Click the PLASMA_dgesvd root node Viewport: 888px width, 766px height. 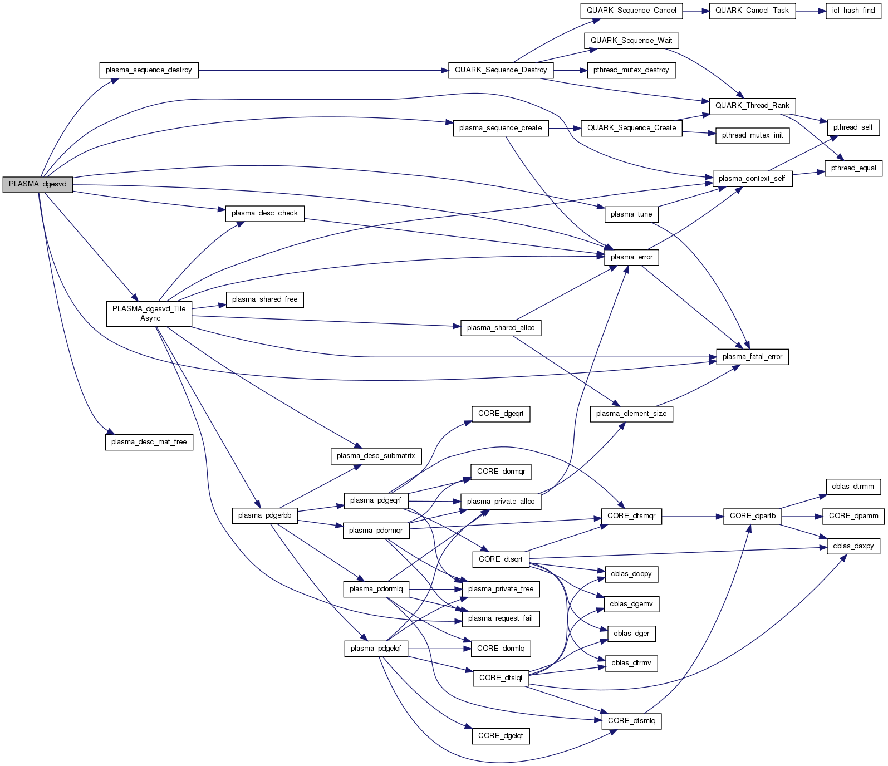point(37,184)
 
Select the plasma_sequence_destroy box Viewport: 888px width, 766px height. point(149,70)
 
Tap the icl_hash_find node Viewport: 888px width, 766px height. point(853,11)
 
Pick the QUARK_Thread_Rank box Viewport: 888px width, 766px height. point(752,106)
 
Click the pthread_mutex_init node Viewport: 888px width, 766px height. point(752,135)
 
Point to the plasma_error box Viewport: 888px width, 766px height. point(631,257)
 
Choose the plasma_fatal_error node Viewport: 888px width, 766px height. point(752,357)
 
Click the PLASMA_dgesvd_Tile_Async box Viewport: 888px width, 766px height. point(149,313)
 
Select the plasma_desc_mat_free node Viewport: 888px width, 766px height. point(149,442)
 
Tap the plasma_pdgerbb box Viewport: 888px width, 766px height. point(264,515)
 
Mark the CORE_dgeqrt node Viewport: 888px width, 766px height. point(501,414)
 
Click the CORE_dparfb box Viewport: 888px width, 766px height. point(752,516)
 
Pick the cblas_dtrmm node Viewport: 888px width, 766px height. point(853,487)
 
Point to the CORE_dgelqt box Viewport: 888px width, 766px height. point(501,736)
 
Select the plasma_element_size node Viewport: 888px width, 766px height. point(631,414)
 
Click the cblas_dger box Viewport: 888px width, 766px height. point(631,634)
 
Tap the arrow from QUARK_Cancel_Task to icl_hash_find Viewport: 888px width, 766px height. point(810,11)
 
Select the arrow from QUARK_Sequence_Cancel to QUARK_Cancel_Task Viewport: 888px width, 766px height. point(695,11)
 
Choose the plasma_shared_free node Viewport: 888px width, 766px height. point(264,299)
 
